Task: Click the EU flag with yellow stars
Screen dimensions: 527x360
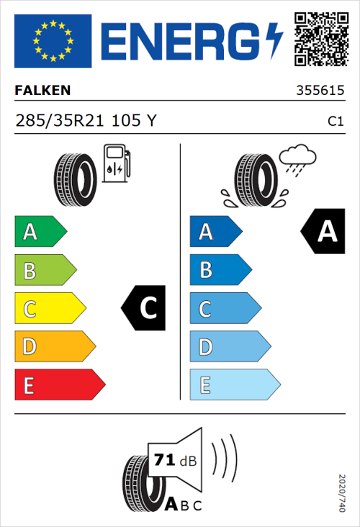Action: click(53, 41)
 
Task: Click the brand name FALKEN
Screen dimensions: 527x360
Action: click(42, 91)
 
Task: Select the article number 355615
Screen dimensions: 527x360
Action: click(320, 91)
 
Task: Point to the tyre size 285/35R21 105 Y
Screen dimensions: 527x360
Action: click(85, 121)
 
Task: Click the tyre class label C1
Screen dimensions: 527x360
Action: click(335, 122)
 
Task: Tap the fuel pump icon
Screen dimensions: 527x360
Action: click(116, 163)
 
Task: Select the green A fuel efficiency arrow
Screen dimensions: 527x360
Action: click(40, 232)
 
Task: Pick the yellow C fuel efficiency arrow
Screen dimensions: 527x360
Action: click(50, 309)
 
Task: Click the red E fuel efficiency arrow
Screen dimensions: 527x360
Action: click(59, 385)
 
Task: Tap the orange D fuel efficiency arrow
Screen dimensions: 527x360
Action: click(54, 347)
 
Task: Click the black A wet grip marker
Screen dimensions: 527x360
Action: click(323, 232)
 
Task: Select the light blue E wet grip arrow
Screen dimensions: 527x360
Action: click(234, 385)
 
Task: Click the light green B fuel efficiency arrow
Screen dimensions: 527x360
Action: click(45, 271)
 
